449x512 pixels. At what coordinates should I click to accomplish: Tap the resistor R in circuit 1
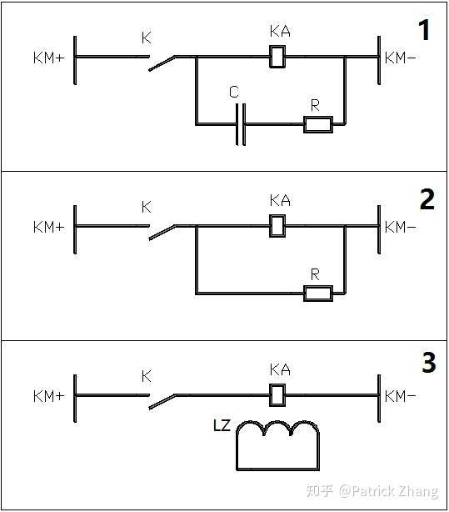tap(318, 124)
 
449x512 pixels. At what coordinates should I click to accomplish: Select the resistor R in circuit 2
tap(318, 294)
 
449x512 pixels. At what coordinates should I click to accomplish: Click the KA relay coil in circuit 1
tap(277, 57)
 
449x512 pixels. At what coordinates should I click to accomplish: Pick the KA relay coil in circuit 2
tap(277, 226)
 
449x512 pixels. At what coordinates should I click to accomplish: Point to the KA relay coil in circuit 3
tap(277, 395)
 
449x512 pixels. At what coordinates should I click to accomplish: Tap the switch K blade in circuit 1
tap(162, 63)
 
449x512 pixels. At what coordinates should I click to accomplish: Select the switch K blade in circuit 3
tap(162, 402)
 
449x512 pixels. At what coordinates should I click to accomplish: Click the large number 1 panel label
tap(424, 30)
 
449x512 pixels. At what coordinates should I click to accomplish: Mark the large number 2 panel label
tap(427, 198)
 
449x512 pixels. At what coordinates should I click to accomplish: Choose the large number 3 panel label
tap(429, 362)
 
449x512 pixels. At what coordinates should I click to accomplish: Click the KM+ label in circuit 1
tap(49, 58)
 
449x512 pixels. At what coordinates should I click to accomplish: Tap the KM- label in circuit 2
tap(401, 227)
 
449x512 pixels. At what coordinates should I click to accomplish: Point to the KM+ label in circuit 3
tap(49, 396)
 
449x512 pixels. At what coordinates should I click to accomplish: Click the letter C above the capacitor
tap(234, 92)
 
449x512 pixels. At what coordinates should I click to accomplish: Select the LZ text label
tap(222, 425)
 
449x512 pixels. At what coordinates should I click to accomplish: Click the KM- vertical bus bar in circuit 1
tap(379, 60)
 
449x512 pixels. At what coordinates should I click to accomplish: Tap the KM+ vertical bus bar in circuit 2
tap(75, 229)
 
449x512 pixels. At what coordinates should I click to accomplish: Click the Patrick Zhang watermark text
tap(389, 491)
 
